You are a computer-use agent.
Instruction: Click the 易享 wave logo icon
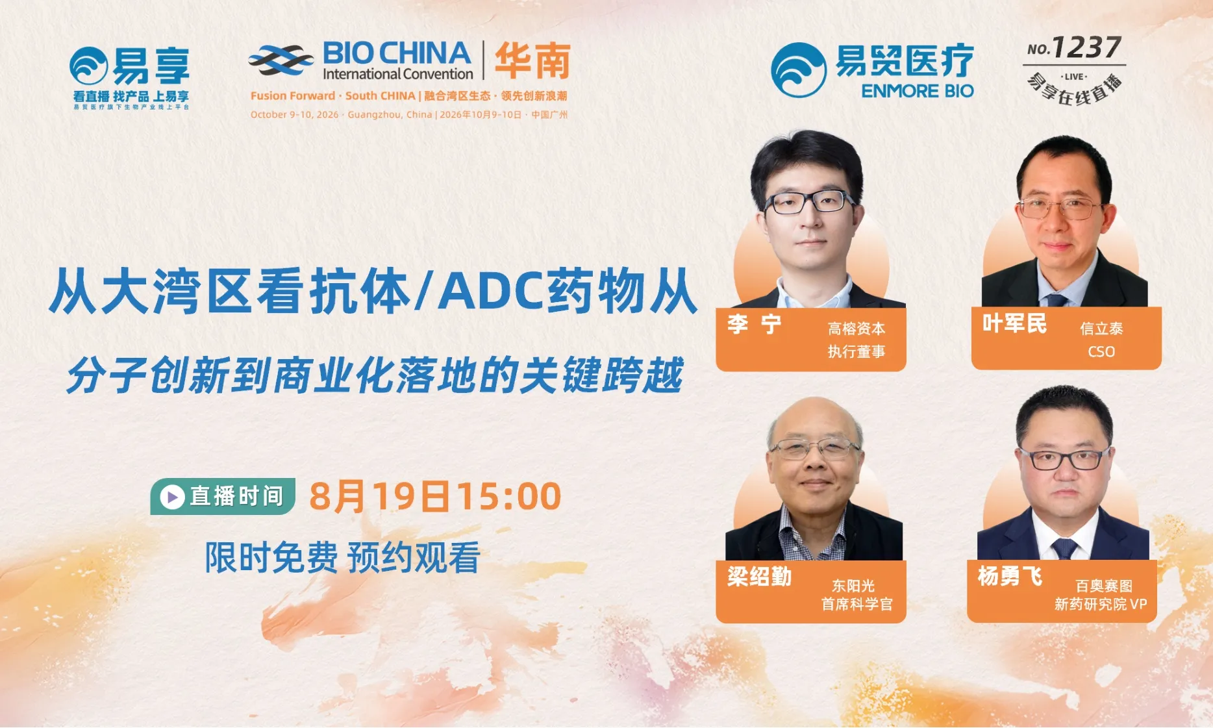click(89, 66)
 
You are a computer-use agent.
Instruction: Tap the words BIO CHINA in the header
click(397, 53)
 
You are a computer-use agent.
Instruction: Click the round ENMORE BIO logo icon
click(799, 70)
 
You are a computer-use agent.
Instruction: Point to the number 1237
click(1086, 47)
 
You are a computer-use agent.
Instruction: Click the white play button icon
click(172, 497)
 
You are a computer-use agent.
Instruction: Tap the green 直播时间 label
click(223, 497)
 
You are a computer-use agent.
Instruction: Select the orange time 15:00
click(508, 497)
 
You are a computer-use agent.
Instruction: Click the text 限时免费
click(271, 558)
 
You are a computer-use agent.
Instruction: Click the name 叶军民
click(1014, 323)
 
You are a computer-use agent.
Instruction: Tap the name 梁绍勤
click(759, 576)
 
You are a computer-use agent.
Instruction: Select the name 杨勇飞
click(1010, 575)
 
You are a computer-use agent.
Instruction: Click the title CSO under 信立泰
click(1101, 352)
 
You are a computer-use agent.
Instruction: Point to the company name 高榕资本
click(857, 329)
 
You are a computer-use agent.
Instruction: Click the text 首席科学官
click(857, 604)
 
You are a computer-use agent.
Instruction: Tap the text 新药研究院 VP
click(1101, 604)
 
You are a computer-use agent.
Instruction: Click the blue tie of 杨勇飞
click(1064, 548)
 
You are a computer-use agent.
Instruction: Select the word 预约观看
click(414, 558)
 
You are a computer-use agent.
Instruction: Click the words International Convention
click(398, 74)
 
